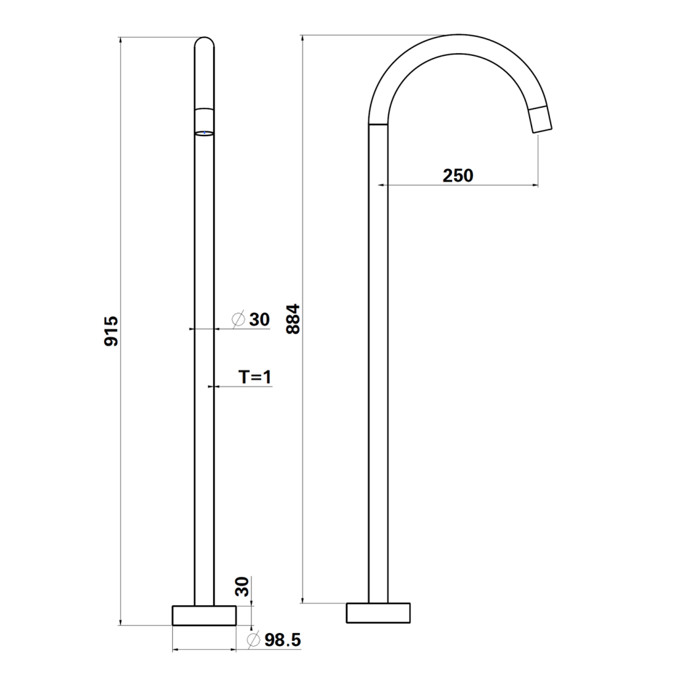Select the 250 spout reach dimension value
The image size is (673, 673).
click(x=457, y=176)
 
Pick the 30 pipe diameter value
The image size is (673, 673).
click(x=259, y=319)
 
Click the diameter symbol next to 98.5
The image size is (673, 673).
click(x=252, y=639)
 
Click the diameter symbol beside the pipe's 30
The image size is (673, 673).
click(x=239, y=319)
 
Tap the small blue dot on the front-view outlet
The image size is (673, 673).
click(x=205, y=133)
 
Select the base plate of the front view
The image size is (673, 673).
click(x=204, y=615)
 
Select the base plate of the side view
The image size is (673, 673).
click(x=378, y=612)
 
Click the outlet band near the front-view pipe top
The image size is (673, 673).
click(x=205, y=119)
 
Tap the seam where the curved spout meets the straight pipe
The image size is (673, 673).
click(x=378, y=124)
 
